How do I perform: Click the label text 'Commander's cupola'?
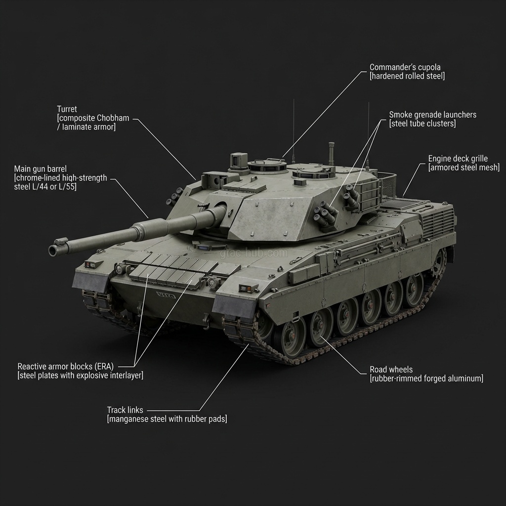click(x=405, y=67)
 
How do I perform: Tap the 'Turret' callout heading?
click(x=67, y=109)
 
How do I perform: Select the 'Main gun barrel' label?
click(x=41, y=169)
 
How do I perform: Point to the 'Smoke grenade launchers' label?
click(x=432, y=115)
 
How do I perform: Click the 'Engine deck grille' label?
click(x=458, y=159)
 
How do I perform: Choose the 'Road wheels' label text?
click(x=391, y=370)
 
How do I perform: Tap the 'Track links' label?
click(x=125, y=410)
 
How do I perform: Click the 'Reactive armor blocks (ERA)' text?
click(x=66, y=367)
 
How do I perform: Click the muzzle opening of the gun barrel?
click(x=52, y=250)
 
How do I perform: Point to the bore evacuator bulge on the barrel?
click(x=150, y=227)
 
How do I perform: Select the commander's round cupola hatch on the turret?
click(x=267, y=165)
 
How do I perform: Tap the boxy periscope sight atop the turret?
click(x=239, y=160)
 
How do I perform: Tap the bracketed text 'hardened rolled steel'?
click(x=407, y=76)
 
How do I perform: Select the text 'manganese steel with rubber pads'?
click(x=167, y=419)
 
